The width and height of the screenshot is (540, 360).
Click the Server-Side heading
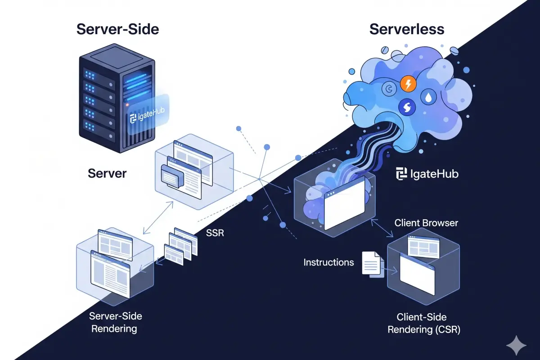pos(118,30)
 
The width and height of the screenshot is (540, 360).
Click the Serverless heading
pos(406,30)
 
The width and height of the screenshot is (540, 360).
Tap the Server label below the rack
pos(107,173)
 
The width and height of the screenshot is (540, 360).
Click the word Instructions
pos(328,262)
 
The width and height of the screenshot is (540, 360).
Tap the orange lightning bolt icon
pos(408,84)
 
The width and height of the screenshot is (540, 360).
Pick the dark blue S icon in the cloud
pos(406,107)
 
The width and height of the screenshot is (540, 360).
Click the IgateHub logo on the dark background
pos(427,174)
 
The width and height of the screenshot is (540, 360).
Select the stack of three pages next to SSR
pos(180,247)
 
